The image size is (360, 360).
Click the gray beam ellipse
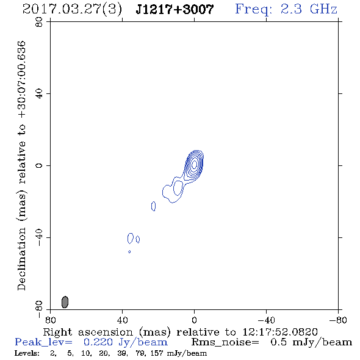click(x=65, y=302)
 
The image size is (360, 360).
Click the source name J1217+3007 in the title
click(x=175, y=9)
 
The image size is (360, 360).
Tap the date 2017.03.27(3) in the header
click(x=72, y=10)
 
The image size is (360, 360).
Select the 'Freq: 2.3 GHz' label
click(x=286, y=9)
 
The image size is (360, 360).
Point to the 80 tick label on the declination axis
click(x=39, y=22)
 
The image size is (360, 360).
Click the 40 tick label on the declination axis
click(x=39, y=94)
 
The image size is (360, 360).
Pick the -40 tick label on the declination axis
click(x=39, y=237)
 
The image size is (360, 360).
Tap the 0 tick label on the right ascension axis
click(x=194, y=320)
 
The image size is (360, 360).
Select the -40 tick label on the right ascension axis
click(x=266, y=320)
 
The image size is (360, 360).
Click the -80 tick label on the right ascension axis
click(x=338, y=320)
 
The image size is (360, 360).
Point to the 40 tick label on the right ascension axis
click(x=123, y=320)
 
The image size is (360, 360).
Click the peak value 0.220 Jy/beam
click(x=125, y=342)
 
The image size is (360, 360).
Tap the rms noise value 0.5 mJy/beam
click(x=311, y=342)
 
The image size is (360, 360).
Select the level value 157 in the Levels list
click(x=157, y=353)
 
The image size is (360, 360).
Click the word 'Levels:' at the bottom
click(x=27, y=353)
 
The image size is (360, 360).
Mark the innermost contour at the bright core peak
click(x=194, y=164)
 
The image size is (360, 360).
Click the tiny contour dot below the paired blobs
click(x=129, y=252)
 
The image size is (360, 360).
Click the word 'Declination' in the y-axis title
click(x=21, y=259)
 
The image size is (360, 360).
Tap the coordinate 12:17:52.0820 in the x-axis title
click(x=280, y=332)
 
